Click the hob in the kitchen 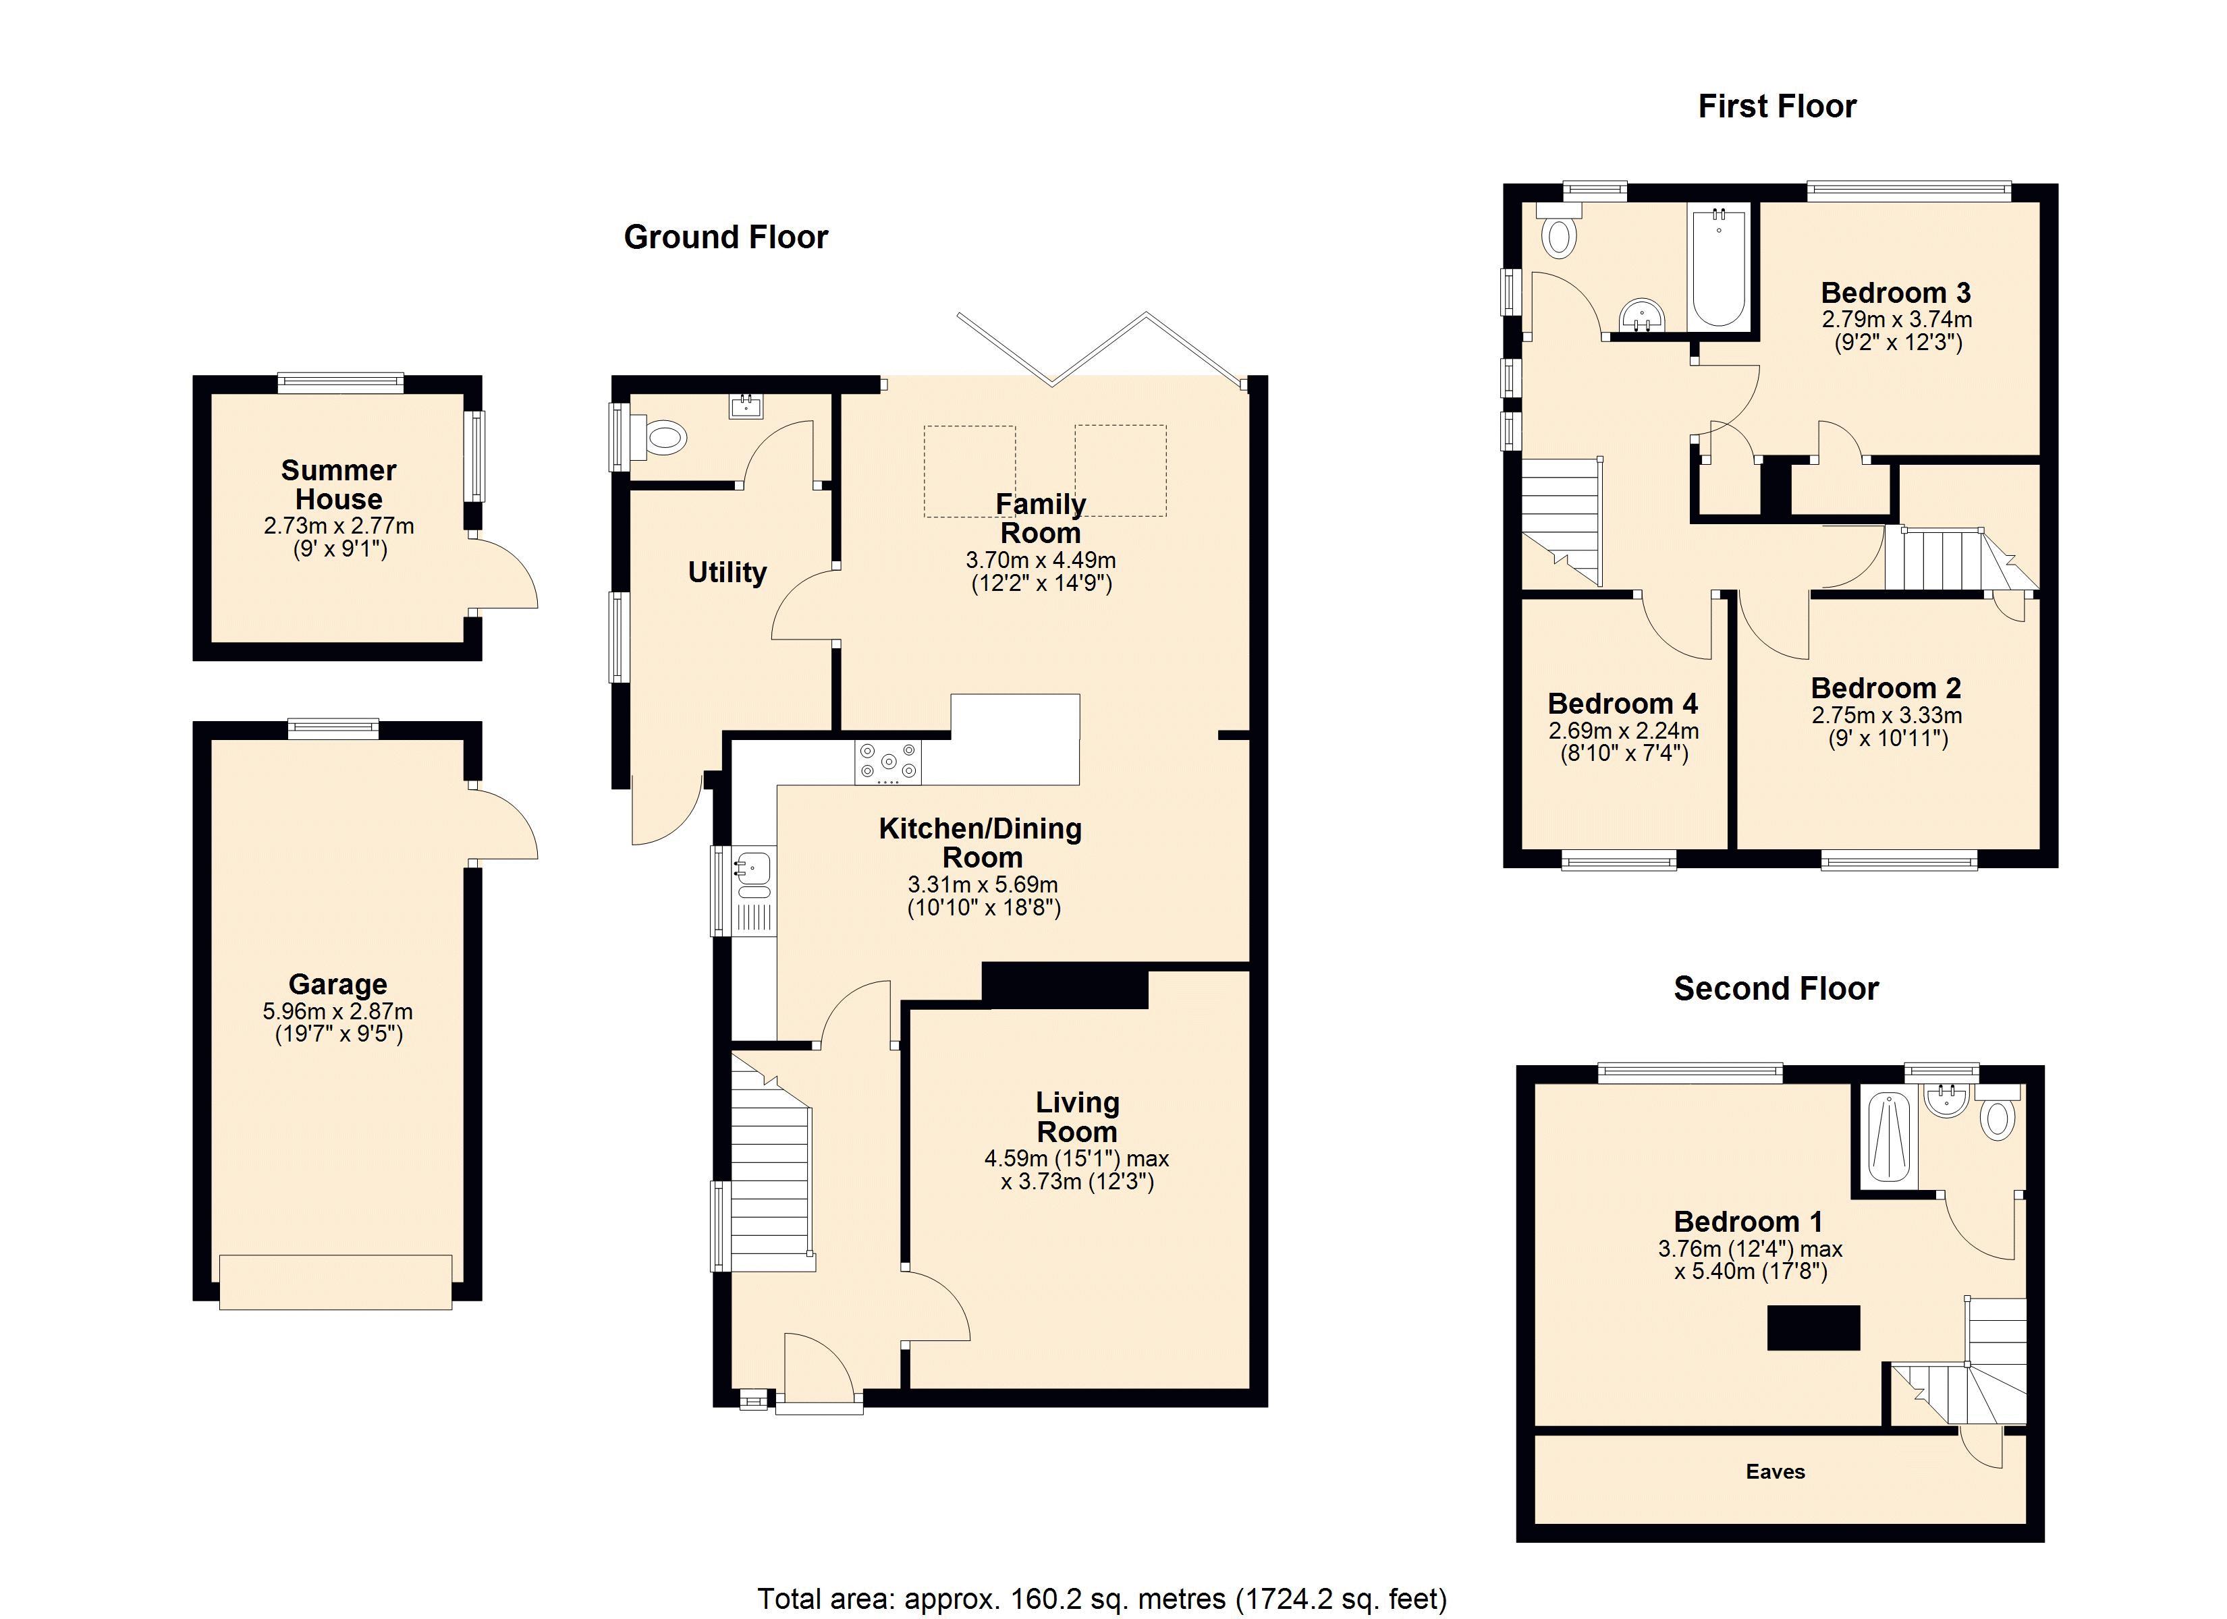tap(887, 762)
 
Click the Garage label tap(338, 984)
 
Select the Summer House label tap(339, 484)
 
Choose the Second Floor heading tap(1776, 988)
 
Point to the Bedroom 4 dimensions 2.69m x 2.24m tap(1623, 731)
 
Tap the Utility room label tap(727, 573)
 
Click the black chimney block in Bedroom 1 tap(1813, 1328)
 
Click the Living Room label tap(1077, 1117)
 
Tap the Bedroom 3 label tap(1895, 293)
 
